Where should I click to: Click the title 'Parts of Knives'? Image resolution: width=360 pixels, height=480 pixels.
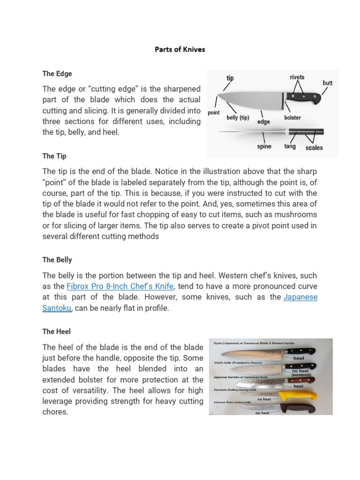[x=180, y=49]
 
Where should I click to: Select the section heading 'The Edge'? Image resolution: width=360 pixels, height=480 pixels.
[x=57, y=74]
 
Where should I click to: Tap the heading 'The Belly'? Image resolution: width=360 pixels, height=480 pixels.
[x=57, y=260]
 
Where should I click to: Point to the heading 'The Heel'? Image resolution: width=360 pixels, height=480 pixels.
[x=57, y=331]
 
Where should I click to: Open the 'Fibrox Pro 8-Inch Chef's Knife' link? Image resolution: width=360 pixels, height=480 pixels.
[x=120, y=286]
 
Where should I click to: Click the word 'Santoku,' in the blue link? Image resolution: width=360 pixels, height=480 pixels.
[x=59, y=308]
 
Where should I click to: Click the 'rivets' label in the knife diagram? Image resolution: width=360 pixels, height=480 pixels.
[x=296, y=77]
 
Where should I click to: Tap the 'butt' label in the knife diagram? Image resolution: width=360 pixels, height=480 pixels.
[x=328, y=83]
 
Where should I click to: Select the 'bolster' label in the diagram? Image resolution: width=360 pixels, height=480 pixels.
[x=292, y=118]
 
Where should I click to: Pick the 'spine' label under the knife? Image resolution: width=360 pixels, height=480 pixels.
[x=264, y=147]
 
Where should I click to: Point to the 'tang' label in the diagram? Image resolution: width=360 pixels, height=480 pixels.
[x=290, y=147]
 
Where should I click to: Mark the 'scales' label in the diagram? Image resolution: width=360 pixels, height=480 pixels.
[x=314, y=148]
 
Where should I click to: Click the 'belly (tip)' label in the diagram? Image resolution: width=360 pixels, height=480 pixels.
[x=238, y=118]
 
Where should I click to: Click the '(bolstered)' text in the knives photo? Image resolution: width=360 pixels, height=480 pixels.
[x=301, y=375]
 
